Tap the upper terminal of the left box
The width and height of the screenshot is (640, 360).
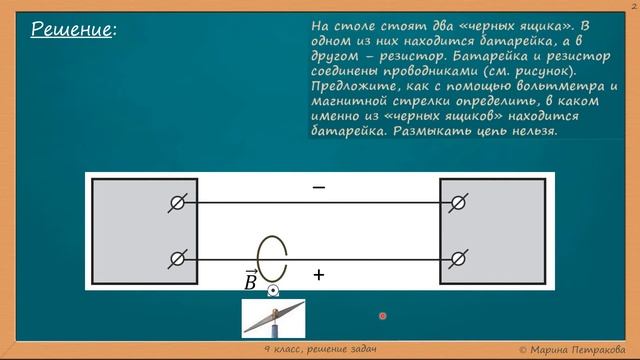[x=177, y=203]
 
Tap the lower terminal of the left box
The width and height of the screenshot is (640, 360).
[x=177, y=258]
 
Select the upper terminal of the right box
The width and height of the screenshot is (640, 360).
[x=458, y=203]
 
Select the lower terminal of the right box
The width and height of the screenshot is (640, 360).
[x=458, y=258]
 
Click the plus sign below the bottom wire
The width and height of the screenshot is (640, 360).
[x=319, y=274]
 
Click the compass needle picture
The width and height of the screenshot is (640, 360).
[x=273, y=318]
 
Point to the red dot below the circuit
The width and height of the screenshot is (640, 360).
[x=382, y=316]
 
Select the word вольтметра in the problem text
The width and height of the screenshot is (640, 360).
[x=555, y=85]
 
